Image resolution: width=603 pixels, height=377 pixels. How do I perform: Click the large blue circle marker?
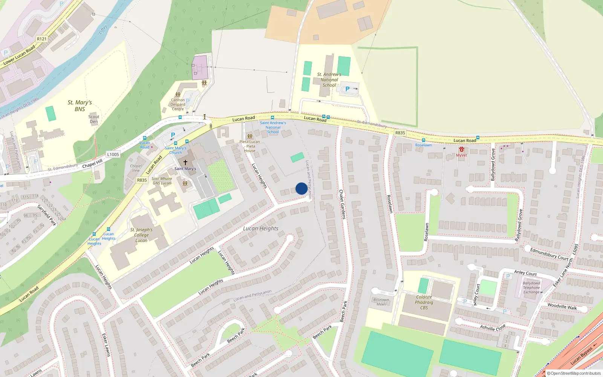301,188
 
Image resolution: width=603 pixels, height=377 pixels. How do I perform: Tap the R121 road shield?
42,39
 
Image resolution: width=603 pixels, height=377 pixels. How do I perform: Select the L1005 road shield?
113,154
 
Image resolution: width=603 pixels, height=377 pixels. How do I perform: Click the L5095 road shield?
575,249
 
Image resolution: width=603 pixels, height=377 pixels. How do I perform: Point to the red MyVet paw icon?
461,150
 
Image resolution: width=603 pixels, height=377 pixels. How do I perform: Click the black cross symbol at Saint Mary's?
185,162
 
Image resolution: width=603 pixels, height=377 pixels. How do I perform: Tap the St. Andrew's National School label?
329,80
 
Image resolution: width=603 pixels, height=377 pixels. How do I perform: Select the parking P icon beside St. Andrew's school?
347,89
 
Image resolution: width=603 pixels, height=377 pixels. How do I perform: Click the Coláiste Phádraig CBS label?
424,302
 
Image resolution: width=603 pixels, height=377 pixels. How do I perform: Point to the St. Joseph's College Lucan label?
141,235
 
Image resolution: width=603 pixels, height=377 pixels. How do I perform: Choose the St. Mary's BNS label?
80,106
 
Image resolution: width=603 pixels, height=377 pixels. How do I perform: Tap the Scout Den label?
94,119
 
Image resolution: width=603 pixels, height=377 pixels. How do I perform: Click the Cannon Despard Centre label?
178,104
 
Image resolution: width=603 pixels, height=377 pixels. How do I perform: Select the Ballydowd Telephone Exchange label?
531,288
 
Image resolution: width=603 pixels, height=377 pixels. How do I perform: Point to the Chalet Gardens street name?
342,204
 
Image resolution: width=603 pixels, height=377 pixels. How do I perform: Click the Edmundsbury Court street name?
549,254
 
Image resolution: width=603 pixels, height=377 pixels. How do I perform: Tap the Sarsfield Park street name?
47,215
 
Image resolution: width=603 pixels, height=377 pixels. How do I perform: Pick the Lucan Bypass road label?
581,356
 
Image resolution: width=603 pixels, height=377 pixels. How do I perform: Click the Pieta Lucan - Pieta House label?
249,146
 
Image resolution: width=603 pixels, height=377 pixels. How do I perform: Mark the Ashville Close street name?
493,328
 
